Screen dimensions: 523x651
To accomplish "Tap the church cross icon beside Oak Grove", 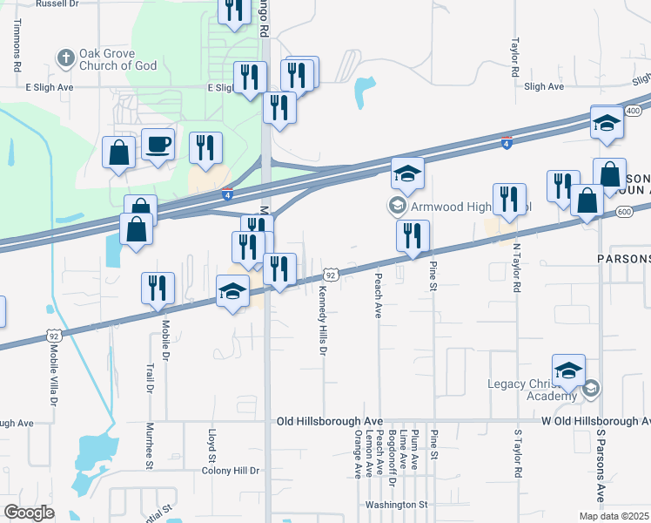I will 64,59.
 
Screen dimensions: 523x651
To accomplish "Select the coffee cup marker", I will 158,145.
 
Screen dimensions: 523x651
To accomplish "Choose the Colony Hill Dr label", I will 230,471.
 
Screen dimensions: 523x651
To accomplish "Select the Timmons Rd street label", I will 17,48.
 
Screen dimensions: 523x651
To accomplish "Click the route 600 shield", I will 623,212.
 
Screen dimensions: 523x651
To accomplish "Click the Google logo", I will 29,513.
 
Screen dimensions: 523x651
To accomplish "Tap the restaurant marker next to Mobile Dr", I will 158,288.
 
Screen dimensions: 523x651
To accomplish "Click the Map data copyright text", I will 614,516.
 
